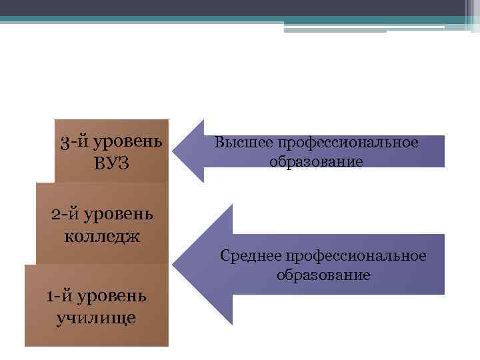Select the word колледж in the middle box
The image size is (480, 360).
pos(102,236)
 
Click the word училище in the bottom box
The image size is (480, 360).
pos(97,317)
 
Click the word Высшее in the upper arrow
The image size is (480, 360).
pos(243,143)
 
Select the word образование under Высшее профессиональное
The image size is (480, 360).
pos(316,161)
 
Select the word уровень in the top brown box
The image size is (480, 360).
pos(127,141)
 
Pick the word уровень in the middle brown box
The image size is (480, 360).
pos(119,215)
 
